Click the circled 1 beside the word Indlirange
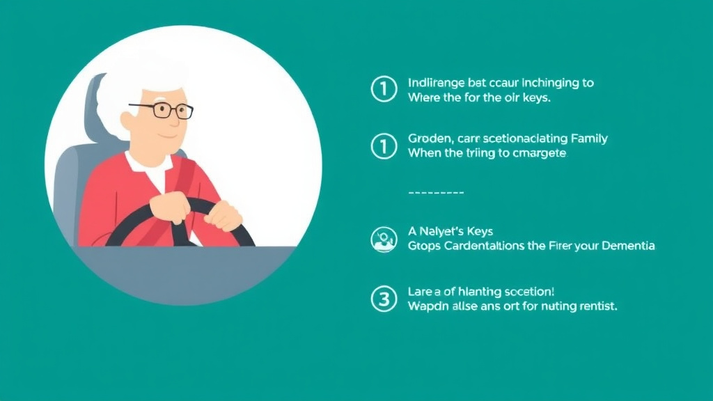pyautogui.click(x=383, y=89)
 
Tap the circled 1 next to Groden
pyautogui.click(x=383, y=145)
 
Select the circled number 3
pyautogui.click(x=383, y=299)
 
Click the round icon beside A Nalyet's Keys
pyautogui.click(x=383, y=239)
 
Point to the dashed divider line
pyautogui.click(x=434, y=192)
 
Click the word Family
pyautogui.click(x=589, y=139)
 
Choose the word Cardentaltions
pyautogui.click(x=485, y=246)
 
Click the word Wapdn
pyautogui.click(x=427, y=306)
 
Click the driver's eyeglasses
pyautogui.click(x=162, y=110)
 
